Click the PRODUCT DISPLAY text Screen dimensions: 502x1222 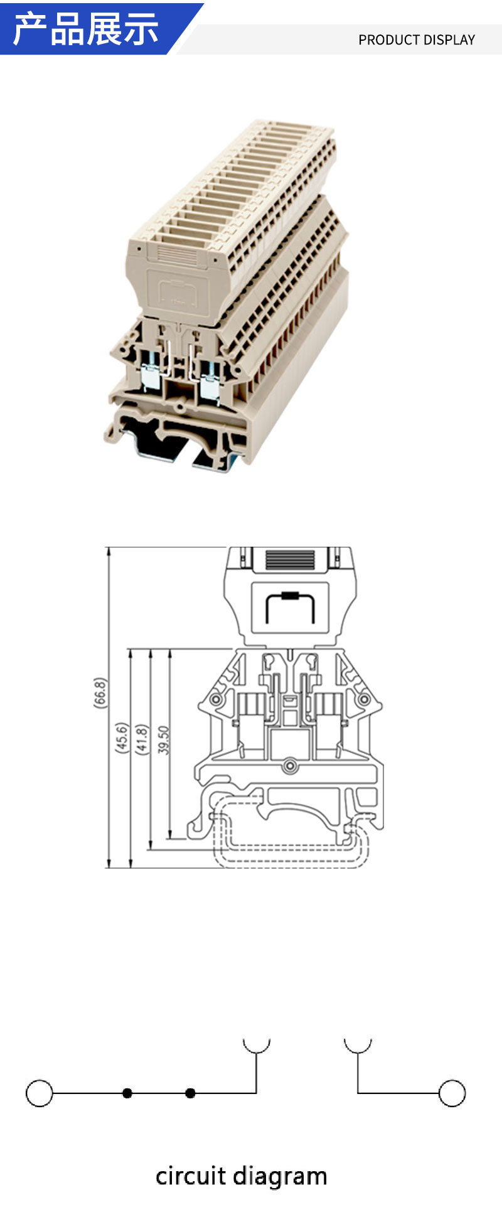pyautogui.click(x=417, y=40)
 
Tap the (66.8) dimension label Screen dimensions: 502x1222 pyautogui.click(x=100, y=693)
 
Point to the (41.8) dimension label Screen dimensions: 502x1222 pyautogui.click(x=142, y=739)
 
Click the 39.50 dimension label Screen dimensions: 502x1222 pyautogui.click(x=164, y=740)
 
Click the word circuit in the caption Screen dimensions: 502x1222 pyautogui.click(x=190, y=1176)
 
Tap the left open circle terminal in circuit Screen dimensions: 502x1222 pyautogui.click(x=40, y=1093)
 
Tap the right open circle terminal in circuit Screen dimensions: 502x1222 pyautogui.click(x=452, y=1093)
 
